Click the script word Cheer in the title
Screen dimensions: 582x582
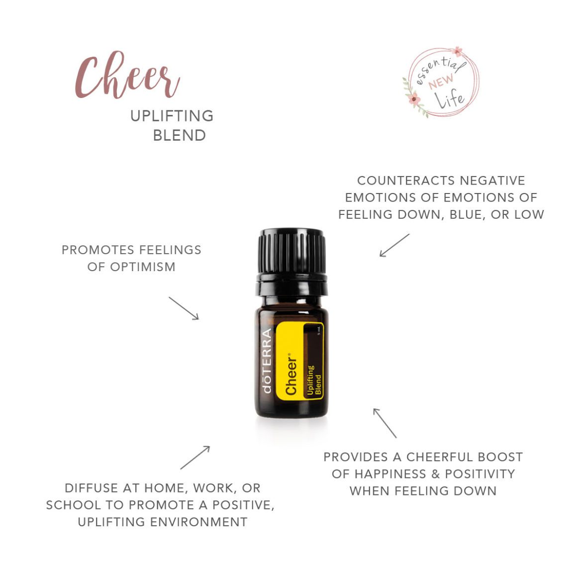click(127, 76)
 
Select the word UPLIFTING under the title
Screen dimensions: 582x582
click(172, 116)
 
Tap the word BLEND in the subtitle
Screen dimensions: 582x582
click(179, 135)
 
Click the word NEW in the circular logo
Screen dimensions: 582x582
click(441, 81)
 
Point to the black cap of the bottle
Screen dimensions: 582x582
click(291, 251)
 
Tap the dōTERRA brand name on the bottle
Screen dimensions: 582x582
click(267, 361)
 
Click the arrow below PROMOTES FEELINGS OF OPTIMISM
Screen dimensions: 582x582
click(184, 308)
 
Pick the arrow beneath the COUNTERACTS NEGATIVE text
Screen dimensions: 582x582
click(394, 245)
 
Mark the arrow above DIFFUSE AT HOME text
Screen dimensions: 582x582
click(195, 457)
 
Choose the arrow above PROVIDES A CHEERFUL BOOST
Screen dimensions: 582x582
click(385, 423)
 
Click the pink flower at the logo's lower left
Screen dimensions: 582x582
click(414, 98)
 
